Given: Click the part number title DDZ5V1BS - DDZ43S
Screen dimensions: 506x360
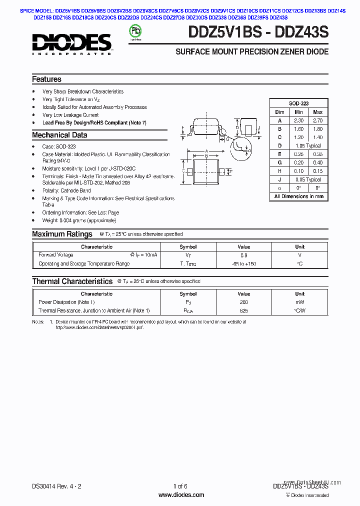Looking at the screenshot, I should pos(258,32).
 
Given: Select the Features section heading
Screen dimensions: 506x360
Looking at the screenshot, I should pos(46,79).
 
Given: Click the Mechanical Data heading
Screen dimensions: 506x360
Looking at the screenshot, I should pos(59,135).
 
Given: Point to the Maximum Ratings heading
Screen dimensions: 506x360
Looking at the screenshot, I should pos(62,234).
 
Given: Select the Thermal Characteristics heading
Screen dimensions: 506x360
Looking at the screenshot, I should pos(72,281).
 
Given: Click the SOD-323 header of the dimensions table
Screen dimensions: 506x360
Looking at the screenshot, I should pos(298,103).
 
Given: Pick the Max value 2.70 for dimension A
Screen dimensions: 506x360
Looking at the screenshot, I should pos(317,120).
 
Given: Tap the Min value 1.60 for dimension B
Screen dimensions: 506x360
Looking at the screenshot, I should pos(298,129).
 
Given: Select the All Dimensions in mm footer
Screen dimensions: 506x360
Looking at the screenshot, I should pos(298,196).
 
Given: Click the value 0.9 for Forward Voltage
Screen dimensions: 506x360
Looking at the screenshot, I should pos(243,255).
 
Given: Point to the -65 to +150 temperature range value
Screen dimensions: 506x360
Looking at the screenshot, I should pos(243,263).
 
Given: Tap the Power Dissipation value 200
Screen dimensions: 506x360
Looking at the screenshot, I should pos(243,302).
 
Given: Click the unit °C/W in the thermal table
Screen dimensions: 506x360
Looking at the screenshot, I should pos(299,310).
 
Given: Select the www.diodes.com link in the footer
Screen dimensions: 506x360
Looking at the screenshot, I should pos(181,495).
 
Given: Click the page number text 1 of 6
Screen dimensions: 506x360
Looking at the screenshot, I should pos(180,486).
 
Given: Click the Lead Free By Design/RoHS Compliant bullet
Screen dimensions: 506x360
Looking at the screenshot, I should pos(94,122).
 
